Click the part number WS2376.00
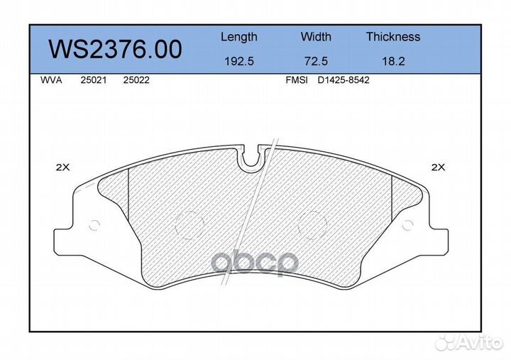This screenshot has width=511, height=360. (115, 49)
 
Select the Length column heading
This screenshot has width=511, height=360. (239, 38)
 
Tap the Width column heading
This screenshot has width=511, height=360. (316, 36)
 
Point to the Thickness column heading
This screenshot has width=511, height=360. (393, 36)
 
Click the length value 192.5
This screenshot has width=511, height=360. (239, 61)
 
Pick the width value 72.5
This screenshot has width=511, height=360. (316, 61)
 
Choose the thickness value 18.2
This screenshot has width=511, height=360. (393, 61)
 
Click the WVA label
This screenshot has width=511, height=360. (51, 80)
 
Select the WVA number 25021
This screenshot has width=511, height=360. (94, 80)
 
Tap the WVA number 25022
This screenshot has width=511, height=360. (136, 80)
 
